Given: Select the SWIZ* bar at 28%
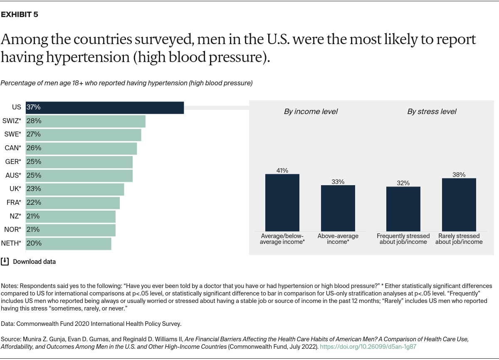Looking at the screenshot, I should pyautogui.click(x=86, y=121).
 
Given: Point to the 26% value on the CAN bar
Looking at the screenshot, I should pyautogui.click(x=34, y=148).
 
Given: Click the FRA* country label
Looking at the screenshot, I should pyautogui.click(x=14, y=203).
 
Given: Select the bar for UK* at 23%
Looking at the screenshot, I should pyautogui.click(x=75, y=189).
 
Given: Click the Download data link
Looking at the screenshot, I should pyautogui.click(x=34, y=262).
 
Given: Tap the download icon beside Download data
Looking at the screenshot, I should pyautogui.click(x=5, y=261).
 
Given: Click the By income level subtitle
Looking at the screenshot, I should pyautogui.click(x=311, y=112).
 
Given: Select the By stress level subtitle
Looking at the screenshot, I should pyautogui.click(x=431, y=112).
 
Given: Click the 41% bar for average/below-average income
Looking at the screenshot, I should pyautogui.click(x=282, y=203).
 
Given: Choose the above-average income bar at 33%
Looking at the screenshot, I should pyautogui.click(x=338, y=208).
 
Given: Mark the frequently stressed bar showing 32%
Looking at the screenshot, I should pyautogui.click(x=403, y=209).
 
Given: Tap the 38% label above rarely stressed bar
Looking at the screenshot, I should pyautogui.click(x=459, y=175).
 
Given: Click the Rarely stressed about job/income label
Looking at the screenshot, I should pyautogui.click(x=459, y=239).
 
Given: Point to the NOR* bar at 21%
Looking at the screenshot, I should pyautogui.click(x=71, y=230).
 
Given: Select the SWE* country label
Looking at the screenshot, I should pyautogui.click(x=12, y=134).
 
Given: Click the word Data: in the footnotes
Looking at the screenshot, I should pyautogui.click(x=8, y=323).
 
